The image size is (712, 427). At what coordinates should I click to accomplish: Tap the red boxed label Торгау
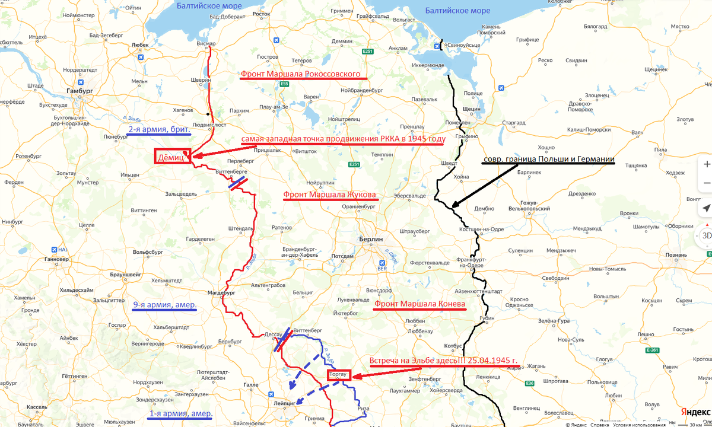pos(339,375)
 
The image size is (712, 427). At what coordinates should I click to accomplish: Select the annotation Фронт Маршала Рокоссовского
pos(300,75)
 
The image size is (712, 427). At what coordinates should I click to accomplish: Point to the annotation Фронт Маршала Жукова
pos(329,195)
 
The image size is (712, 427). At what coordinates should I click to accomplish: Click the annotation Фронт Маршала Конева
pos(419,305)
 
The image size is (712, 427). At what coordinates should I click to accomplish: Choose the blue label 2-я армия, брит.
pos(159,129)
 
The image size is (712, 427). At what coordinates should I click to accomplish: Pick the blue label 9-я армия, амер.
pos(164,305)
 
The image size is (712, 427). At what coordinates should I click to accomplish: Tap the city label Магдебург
pos(221,293)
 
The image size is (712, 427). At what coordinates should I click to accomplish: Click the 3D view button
pos(705,235)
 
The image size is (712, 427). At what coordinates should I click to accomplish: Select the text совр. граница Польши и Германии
pos(548,160)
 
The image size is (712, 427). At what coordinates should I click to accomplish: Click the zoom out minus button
pos(705,183)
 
